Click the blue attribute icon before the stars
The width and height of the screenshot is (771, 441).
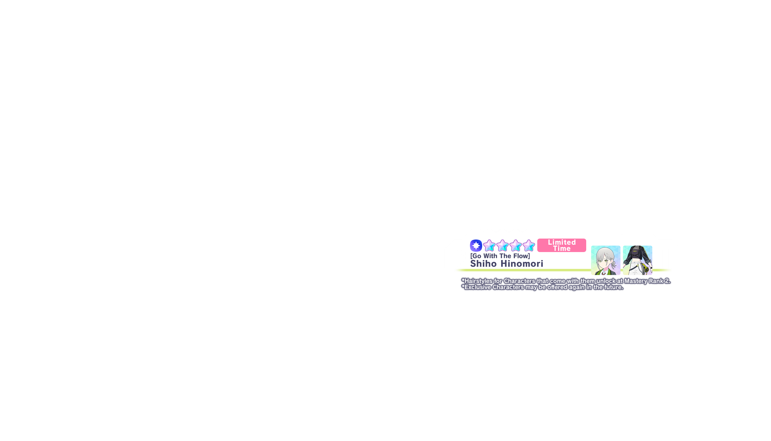point(476,245)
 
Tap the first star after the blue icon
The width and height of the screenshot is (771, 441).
point(489,245)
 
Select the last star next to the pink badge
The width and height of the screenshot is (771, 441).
point(529,245)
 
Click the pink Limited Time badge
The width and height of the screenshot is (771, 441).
point(562,245)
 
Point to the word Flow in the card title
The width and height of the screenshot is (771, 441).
point(521,256)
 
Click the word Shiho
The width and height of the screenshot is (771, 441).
point(483,264)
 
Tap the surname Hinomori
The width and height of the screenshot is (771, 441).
point(522,264)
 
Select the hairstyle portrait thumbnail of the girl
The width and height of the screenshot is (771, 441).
point(606,260)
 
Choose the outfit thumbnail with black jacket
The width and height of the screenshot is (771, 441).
point(638,260)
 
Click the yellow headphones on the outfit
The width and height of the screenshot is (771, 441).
point(646,269)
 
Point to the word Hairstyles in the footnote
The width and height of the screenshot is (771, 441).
point(479,281)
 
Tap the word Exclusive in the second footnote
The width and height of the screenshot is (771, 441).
point(478,287)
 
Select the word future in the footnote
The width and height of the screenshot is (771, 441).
point(613,287)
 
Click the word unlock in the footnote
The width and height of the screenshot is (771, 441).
point(605,281)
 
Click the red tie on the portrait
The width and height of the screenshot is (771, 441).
point(603,273)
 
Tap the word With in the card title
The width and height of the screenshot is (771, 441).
point(490,256)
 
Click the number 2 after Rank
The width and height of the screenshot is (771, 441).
point(667,281)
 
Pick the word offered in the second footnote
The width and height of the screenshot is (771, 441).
point(557,287)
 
